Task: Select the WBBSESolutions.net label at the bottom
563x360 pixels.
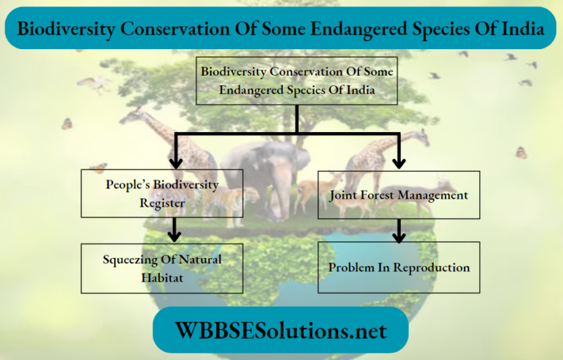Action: (x=281, y=330)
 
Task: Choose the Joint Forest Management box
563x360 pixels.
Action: (x=399, y=195)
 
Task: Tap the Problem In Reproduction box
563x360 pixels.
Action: (x=399, y=268)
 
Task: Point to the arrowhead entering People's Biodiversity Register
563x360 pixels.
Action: (x=175, y=163)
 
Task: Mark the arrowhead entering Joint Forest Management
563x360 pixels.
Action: (x=399, y=163)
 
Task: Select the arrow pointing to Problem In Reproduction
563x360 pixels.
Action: (x=399, y=235)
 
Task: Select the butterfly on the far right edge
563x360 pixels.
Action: (x=521, y=153)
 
